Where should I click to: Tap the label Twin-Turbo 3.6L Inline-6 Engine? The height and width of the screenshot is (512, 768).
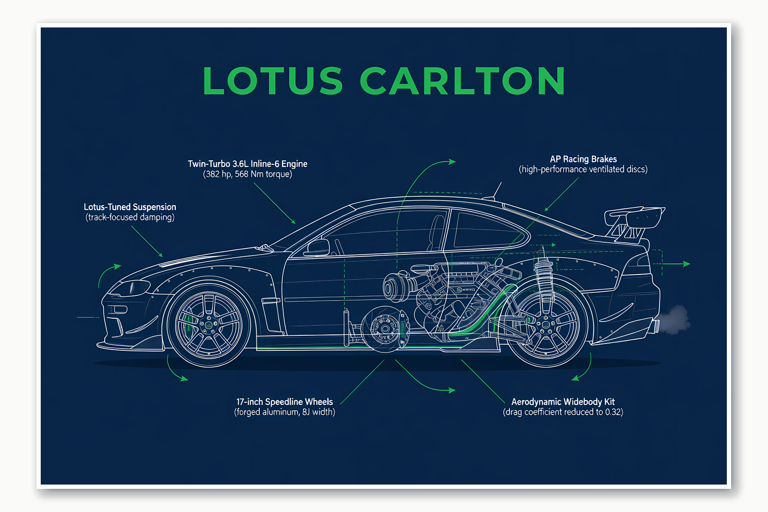tap(247, 164)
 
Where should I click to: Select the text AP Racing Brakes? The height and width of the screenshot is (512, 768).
tap(583, 159)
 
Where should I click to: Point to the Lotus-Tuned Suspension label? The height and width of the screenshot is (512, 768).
tap(130, 207)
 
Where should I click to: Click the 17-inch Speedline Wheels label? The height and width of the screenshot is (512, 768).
tap(284, 402)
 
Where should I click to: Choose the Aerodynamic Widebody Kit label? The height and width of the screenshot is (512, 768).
tap(563, 402)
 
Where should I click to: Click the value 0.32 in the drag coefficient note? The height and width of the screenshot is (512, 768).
tap(613, 412)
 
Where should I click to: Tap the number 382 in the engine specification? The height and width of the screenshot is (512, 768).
tap(213, 174)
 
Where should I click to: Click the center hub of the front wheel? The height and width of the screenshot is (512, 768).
tap(209, 325)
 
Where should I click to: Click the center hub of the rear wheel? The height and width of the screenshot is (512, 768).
tap(545, 325)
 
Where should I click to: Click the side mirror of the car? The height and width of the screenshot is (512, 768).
tap(317, 247)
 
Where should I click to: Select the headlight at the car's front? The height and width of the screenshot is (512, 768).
tap(131, 287)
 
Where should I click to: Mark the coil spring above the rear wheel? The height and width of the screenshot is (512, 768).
tap(544, 274)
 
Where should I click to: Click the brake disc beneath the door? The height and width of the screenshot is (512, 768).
tap(384, 328)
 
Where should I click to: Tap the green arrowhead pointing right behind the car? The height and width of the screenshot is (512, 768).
tap(687, 264)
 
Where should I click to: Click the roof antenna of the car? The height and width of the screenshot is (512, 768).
tap(497, 190)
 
